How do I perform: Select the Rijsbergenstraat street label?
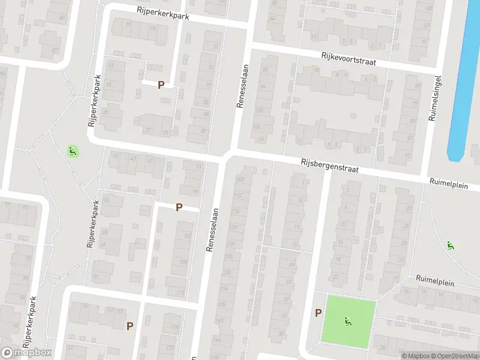click(x=329, y=166)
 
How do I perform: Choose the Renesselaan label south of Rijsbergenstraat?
click(x=209, y=232)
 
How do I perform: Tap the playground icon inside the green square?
click(x=348, y=322)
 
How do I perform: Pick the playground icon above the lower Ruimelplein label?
click(x=450, y=245)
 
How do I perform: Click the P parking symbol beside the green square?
click(x=318, y=313)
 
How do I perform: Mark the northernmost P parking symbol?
click(x=161, y=85)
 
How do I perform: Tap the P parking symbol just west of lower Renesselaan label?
click(x=179, y=208)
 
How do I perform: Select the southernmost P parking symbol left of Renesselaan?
click(x=130, y=326)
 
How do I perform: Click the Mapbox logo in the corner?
click(x=26, y=353)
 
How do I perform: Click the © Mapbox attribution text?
click(x=416, y=356)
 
